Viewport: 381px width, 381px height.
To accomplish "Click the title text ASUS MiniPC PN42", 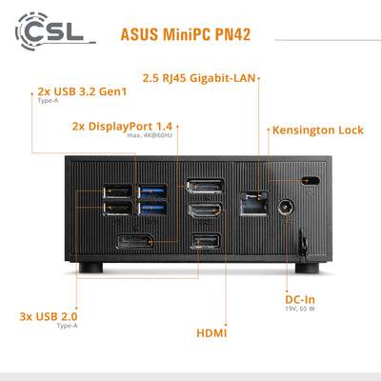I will point(187,35).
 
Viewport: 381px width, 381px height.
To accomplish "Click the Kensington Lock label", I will point(317,130).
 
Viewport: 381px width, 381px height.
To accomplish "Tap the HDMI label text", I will point(211,334).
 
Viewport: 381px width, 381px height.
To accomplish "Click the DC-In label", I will point(300,298).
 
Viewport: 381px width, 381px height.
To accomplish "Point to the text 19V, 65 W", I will point(300,309).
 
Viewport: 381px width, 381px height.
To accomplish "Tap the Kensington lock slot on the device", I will point(307,182).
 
